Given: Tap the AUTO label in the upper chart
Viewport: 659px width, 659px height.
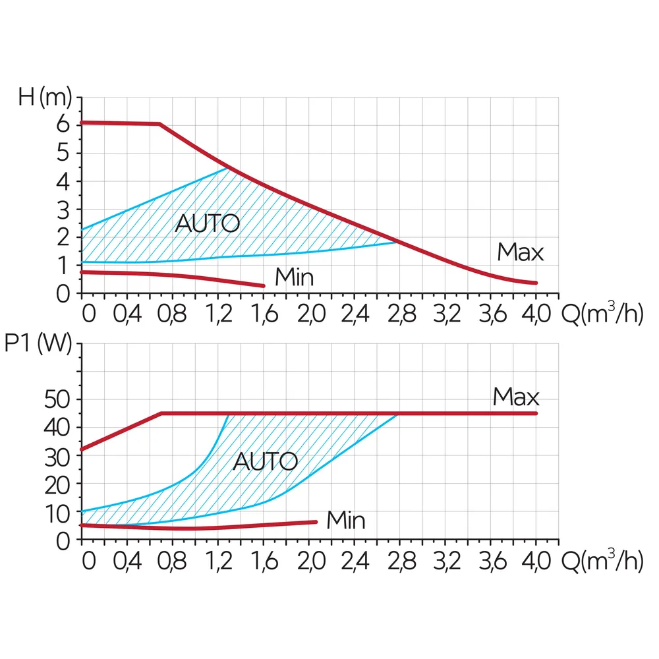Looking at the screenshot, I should click(207, 223).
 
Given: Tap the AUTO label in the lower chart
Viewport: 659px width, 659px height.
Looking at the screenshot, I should click(266, 461).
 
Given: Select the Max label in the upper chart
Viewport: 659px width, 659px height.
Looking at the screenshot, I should click(521, 252).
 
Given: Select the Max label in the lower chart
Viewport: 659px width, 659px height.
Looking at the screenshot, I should click(516, 397).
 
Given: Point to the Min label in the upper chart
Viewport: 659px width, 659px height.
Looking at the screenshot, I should click(294, 277).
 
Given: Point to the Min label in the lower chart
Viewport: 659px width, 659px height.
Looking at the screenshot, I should click(346, 521).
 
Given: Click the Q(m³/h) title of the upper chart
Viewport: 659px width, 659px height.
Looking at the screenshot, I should click(601, 313).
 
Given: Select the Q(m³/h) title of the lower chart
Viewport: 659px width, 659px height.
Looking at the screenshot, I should click(601, 560).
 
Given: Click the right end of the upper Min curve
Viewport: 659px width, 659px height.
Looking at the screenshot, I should click(264, 285).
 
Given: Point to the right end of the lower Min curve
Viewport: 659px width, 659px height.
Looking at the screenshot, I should click(316, 522).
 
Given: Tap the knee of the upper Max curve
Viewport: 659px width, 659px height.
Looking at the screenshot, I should click(159, 124).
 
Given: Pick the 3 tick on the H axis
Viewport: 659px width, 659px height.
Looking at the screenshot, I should click(63, 210).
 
